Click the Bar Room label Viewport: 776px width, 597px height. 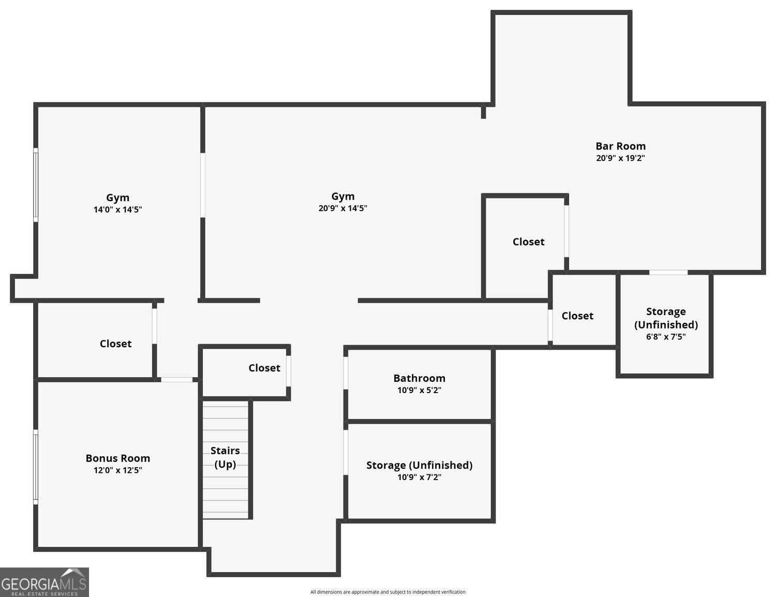click(x=620, y=146)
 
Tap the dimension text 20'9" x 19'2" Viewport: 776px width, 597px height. click(x=620, y=158)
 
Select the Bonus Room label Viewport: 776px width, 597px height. click(x=117, y=458)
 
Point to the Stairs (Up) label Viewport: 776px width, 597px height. click(x=225, y=457)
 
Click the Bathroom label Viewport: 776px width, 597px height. click(x=419, y=378)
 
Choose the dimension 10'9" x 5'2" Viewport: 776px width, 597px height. click(x=419, y=391)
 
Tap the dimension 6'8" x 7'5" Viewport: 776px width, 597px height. click(x=666, y=337)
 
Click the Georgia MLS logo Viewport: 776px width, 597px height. click(x=44, y=583)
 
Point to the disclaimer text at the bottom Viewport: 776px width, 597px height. click(x=387, y=592)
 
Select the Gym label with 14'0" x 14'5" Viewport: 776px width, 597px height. click(x=117, y=198)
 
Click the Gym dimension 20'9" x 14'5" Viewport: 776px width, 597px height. click(x=342, y=208)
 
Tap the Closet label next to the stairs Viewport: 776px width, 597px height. click(x=264, y=368)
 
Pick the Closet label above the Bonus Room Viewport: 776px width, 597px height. click(x=115, y=344)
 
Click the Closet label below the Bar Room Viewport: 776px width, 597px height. click(x=528, y=242)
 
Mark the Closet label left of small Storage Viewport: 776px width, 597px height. click(x=577, y=316)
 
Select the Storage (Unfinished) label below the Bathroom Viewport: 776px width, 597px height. click(x=419, y=465)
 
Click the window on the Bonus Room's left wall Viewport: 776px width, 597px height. click(x=36, y=467)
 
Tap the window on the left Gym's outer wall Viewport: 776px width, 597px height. click(x=36, y=185)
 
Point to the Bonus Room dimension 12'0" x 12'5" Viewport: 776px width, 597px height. click(x=117, y=470)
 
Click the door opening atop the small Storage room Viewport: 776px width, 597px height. click(x=668, y=272)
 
